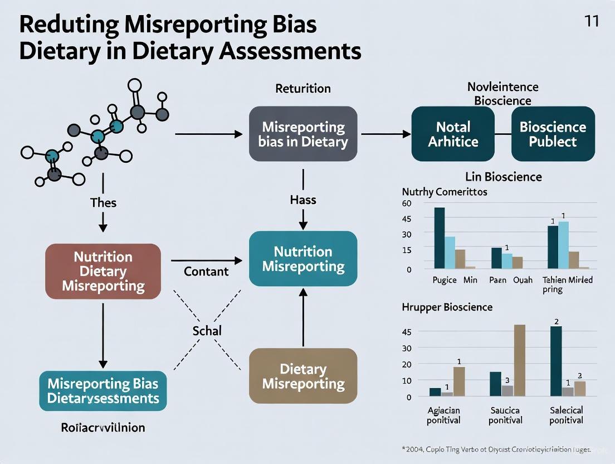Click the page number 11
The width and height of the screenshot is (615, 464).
pos(592,22)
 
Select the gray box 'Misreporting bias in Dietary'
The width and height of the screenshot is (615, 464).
pos(303,134)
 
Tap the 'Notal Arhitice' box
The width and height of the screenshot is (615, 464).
pos(453,134)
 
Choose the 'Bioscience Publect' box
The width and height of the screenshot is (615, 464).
pos(553,134)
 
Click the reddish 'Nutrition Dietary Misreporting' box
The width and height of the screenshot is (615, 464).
pos(103,272)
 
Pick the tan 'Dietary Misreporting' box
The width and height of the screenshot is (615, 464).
pos(303,376)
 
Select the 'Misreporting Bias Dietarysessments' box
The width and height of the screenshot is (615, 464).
pos(103,391)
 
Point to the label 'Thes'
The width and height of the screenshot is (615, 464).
pos(103,202)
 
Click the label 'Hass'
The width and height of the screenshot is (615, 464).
pos(303,199)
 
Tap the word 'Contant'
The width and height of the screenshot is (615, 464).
pos(206,272)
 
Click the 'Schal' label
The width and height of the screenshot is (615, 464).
pos(207,331)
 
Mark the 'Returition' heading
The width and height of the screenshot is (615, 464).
pos(303,89)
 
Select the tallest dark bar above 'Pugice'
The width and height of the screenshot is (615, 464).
pos(440,238)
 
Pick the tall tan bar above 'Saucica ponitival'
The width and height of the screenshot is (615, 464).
pos(519,360)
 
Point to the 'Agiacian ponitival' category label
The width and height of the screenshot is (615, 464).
pos(443,415)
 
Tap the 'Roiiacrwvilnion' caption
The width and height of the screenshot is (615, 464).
pos(102,428)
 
